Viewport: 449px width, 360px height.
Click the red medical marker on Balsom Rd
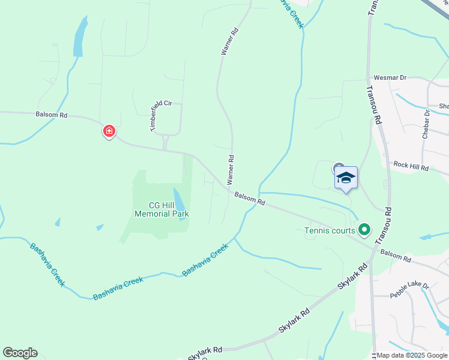pyautogui.click(x=109, y=131)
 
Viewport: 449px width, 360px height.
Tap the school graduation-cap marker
pyautogui.click(x=346, y=177)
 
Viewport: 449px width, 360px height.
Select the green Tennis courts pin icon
pyautogui.click(x=364, y=229)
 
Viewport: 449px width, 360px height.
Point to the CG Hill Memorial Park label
pyautogui.click(x=161, y=209)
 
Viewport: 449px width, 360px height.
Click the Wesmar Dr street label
pyautogui.click(x=390, y=77)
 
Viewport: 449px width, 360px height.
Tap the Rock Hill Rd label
pyautogui.click(x=411, y=166)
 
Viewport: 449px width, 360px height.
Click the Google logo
pyautogui.click(x=20, y=353)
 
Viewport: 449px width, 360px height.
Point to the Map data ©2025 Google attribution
pyautogui.click(x=412, y=355)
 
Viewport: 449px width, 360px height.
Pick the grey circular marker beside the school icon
pyautogui.click(x=338, y=169)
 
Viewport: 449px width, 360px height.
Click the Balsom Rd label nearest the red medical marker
pyautogui.click(x=51, y=114)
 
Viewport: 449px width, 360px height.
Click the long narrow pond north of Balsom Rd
pyautogui.click(x=79, y=37)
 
